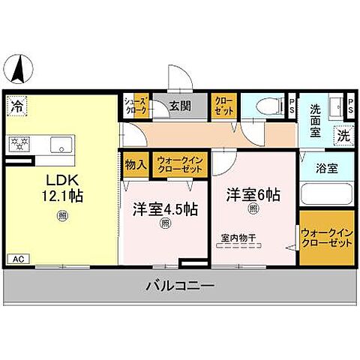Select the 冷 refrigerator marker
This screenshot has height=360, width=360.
pos(16,106)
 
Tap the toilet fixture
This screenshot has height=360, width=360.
pos(265,106)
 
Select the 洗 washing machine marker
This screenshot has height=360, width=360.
pos(342,136)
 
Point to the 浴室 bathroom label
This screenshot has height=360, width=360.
pos(325,169)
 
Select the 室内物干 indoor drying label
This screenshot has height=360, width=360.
pos(238,238)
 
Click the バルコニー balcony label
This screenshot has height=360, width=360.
pos(180,286)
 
